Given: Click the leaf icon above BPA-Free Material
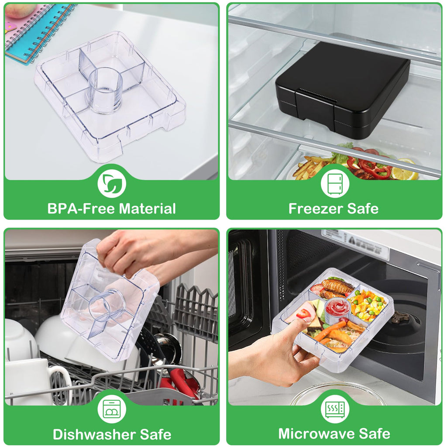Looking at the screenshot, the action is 111,184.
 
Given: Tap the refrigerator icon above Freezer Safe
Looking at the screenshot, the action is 335,184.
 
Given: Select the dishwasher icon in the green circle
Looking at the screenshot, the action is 111,409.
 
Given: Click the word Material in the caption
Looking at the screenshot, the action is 147,208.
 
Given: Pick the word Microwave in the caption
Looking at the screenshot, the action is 316,434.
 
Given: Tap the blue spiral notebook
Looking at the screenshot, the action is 37,31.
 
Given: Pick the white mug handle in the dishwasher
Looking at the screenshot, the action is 61,383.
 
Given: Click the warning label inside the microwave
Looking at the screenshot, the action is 356,242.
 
